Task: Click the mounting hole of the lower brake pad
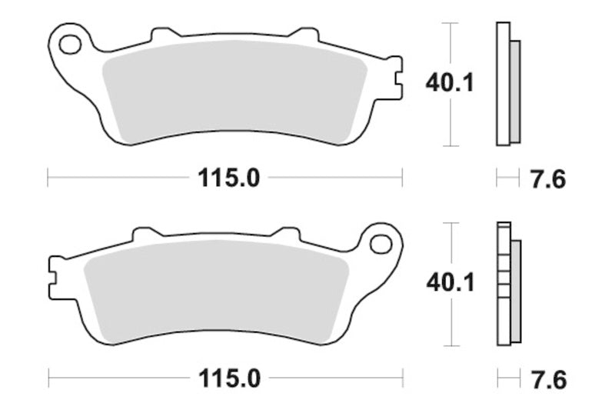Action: (x=380, y=244)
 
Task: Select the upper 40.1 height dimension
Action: (x=449, y=82)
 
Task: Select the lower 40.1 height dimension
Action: (x=449, y=282)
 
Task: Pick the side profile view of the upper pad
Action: (x=507, y=85)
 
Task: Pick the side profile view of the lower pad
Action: (x=507, y=284)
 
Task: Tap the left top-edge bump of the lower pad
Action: (x=146, y=232)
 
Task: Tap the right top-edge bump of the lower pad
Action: (x=289, y=232)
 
